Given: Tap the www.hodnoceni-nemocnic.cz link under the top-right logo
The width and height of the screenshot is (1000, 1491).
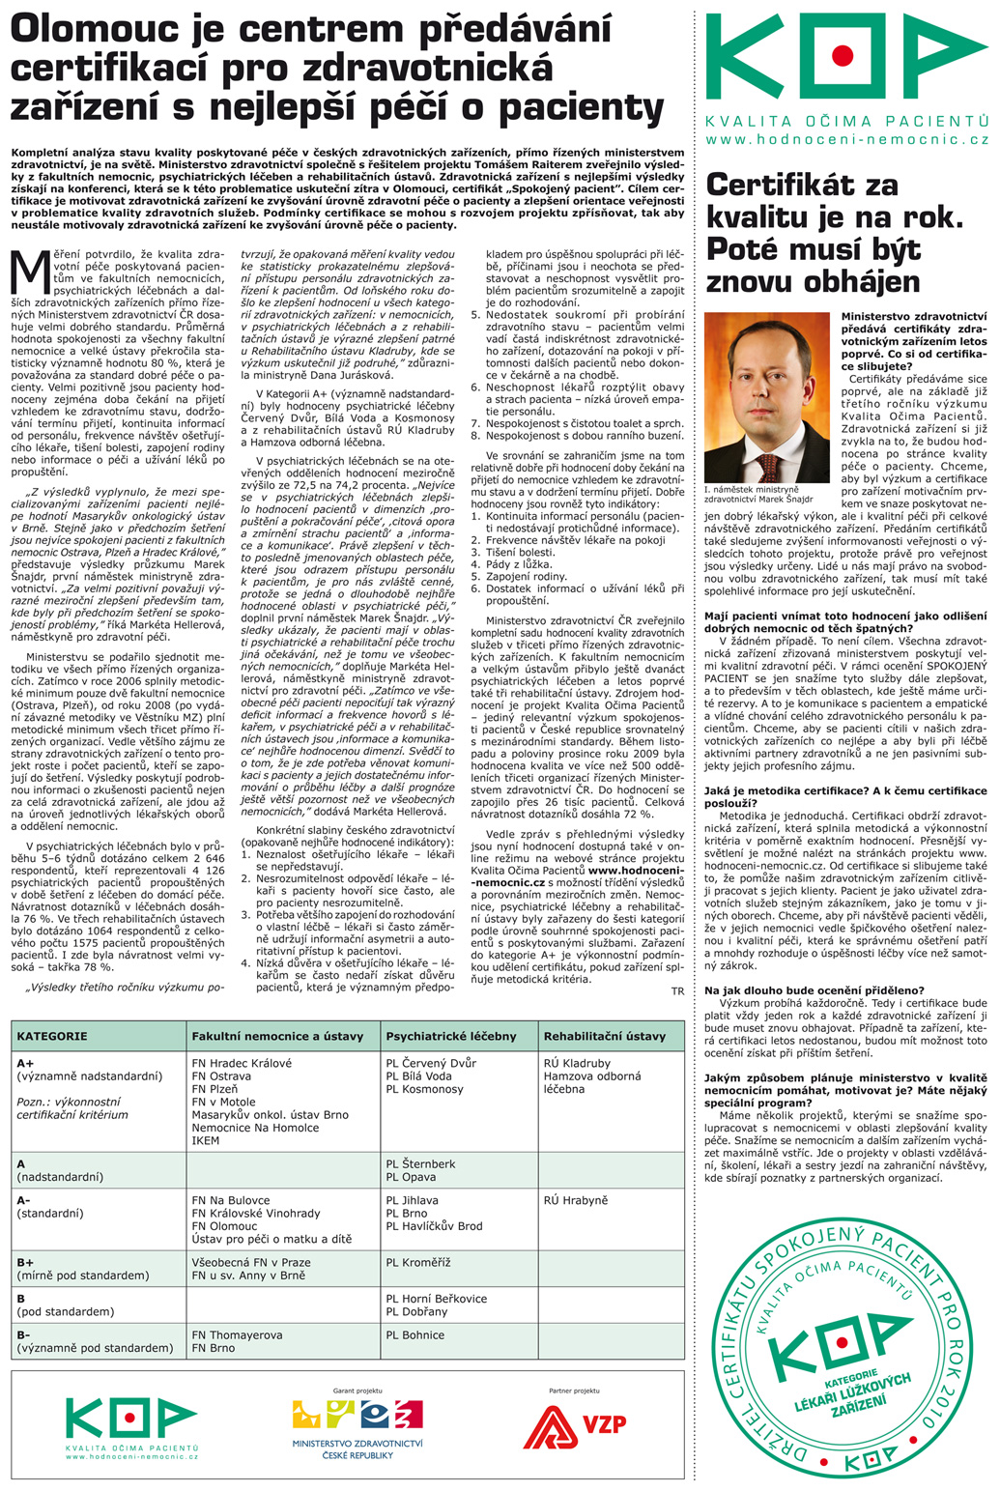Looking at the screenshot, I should point(847,139).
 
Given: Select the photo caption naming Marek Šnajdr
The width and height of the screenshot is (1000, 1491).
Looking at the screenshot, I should point(758,495).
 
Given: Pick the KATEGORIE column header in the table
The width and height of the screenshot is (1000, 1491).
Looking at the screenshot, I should point(52,1036).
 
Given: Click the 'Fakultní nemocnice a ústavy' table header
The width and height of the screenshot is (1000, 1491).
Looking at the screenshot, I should point(277,1036).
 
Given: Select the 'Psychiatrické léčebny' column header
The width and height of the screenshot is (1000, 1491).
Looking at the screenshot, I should point(451,1036).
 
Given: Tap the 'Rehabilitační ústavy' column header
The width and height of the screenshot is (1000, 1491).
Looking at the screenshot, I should point(605,1036).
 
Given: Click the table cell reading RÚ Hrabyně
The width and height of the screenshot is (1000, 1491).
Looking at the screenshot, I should point(576,1200).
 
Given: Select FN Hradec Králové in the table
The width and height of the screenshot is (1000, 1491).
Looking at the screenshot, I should point(242,1063).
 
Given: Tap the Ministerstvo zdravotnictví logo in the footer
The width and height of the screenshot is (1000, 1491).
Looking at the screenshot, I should point(357,1425).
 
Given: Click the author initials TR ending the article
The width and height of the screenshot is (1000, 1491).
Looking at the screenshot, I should point(677,990).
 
